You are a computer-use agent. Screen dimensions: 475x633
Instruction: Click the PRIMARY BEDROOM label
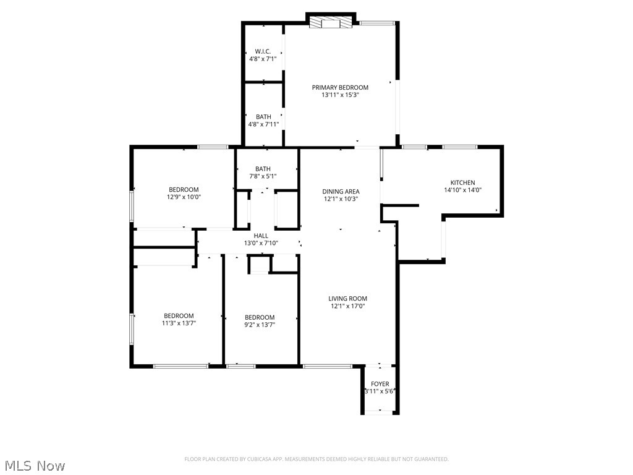pos(340,87)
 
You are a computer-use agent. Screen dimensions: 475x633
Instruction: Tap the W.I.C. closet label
pos(263,51)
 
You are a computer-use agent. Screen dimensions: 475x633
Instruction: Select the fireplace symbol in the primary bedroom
pos(331,23)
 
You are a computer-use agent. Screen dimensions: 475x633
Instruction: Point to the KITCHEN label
pos(462,182)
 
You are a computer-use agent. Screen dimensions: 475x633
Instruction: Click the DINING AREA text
pos(341,191)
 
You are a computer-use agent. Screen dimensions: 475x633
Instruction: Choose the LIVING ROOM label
pos(347,299)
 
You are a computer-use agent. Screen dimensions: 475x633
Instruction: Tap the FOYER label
pos(380,384)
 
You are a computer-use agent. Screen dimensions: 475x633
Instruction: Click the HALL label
pos(261,236)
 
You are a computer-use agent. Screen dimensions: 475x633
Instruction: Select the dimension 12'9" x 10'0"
pos(184,197)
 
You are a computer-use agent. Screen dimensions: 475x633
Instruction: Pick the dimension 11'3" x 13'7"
pos(179,323)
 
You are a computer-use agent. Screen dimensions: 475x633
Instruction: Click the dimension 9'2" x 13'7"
pos(260,324)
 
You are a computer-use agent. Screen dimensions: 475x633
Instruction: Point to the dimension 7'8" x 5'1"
pos(263,176)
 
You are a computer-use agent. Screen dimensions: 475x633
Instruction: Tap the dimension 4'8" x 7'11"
pos(263,124)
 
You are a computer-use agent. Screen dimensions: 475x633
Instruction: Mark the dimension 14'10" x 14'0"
pos(462,190)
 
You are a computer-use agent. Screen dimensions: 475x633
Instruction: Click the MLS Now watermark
pos(34,465)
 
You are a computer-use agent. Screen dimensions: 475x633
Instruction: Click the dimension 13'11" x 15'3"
pos(340,95)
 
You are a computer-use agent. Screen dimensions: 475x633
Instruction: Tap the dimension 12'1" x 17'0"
pos(347,306)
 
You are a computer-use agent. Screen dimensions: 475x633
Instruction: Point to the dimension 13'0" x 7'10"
pos(261,244)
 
